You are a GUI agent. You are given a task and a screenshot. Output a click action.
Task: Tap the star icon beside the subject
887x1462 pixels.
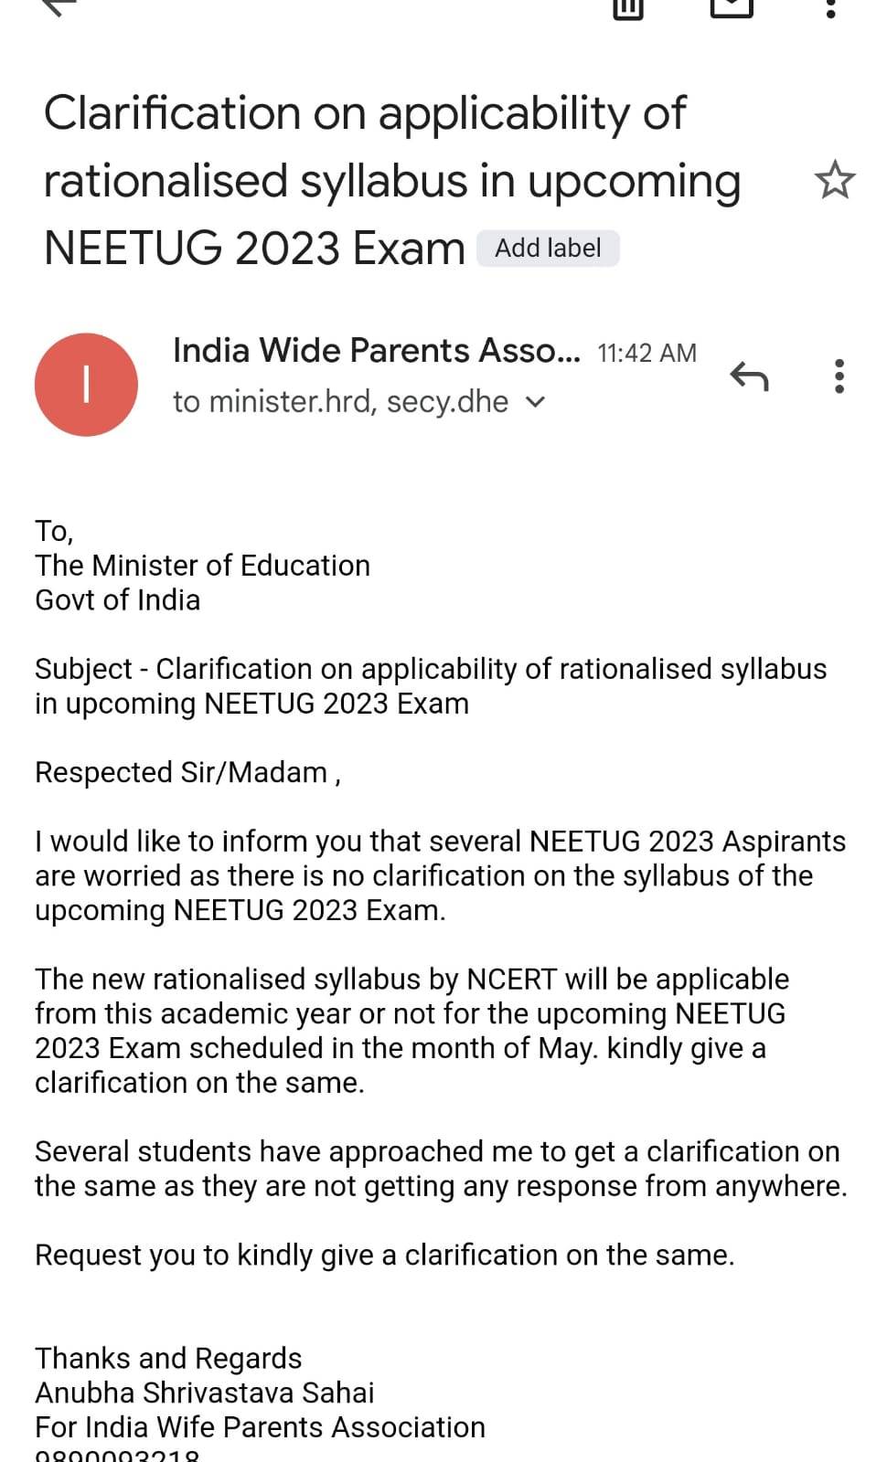834,180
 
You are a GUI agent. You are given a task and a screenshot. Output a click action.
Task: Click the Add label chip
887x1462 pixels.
548,249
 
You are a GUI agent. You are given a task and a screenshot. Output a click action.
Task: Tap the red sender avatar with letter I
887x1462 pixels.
86,385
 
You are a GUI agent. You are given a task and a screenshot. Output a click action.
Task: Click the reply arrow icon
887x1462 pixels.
749,376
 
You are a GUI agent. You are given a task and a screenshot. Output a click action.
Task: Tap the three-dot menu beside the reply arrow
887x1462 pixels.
839,376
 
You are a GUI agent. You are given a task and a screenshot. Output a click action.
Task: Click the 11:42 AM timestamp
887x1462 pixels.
647,354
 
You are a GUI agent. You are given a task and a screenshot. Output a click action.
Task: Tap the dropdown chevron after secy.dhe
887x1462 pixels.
536,402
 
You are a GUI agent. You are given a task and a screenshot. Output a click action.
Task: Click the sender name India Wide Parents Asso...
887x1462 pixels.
376,351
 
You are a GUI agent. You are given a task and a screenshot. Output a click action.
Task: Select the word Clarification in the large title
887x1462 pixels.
172,114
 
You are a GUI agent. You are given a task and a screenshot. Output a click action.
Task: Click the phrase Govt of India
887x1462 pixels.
117,600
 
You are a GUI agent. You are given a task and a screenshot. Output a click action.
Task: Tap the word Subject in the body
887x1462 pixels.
83,670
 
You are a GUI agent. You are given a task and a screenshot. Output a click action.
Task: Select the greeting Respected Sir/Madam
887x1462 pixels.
181,773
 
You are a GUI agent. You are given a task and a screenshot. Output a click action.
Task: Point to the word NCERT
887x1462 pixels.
511,980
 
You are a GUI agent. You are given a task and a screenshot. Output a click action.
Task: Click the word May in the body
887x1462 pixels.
567,1048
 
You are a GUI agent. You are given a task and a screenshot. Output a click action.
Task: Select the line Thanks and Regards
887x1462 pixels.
168,1359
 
